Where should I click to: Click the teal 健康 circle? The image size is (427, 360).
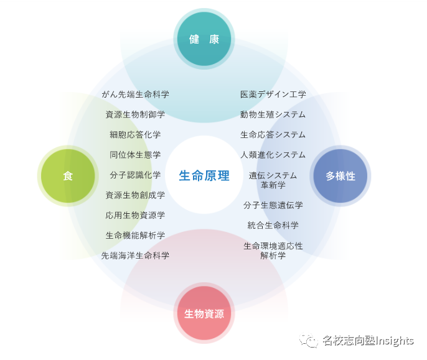(x=204, y=39)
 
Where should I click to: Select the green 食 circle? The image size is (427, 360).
(x=68, y=176)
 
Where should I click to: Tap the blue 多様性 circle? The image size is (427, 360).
(x=340, y=176)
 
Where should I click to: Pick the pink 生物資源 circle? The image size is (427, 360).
(x=204, y=313)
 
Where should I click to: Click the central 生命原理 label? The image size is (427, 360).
(x=204, y=176)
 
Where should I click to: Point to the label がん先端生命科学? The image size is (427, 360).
(x=135, y=95)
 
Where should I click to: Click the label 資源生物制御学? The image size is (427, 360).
(x=135, y=114)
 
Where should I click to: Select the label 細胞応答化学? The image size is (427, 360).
(x=135, y=134)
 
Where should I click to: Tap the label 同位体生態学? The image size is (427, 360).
(x=135, y=155)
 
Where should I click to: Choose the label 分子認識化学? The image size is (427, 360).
(x=135, y=175)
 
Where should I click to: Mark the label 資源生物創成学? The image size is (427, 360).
(x=135, y=195)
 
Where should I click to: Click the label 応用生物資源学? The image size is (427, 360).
(x=135, y=215)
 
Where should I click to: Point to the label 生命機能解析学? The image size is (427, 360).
(x=135, y=235)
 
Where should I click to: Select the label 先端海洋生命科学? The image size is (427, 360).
(x=135, y=255)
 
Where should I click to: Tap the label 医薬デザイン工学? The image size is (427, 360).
(x=273, y=95)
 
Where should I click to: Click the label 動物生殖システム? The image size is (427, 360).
(x=273, y=114)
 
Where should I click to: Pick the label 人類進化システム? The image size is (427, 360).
(x=273, y=155)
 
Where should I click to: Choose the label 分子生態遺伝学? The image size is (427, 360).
(x=273, y=205)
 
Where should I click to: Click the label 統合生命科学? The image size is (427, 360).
(x=273, y=225)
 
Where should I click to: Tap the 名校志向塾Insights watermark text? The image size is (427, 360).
(x=367, y=341)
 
